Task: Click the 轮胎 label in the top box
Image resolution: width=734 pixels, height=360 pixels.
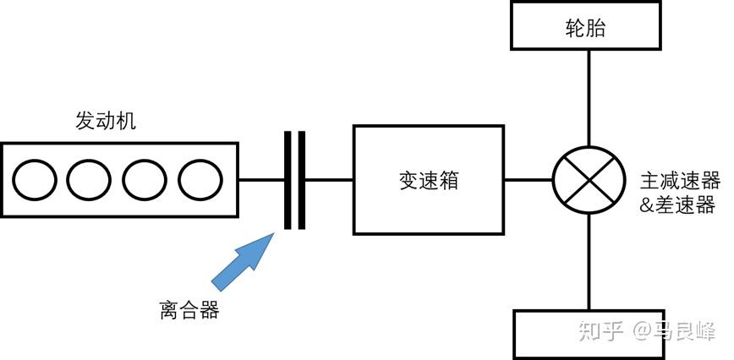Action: (x=585, y=29)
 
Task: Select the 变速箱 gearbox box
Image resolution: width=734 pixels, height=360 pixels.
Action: (x=428, y=179)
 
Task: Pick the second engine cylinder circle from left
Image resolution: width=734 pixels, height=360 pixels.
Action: (x=89, y=179)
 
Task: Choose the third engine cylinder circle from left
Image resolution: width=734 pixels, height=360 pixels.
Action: (x=144, y=179)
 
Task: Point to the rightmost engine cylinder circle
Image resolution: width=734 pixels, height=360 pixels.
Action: (x=198, y=179)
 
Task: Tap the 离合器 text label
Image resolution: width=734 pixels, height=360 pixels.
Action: (x=189, y=310)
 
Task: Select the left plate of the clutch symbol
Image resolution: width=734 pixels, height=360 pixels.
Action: (x=288, y=180)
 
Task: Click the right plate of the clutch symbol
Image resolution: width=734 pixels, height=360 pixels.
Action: (x=300, y=180)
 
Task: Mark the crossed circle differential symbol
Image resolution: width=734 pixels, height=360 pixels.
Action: (x=585, y=179)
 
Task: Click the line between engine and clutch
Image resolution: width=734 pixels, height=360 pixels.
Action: (x=262, y=180)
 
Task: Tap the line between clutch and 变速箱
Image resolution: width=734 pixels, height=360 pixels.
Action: (x=328, y=180)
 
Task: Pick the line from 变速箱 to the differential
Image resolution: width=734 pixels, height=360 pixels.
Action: (x=529, y=179)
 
